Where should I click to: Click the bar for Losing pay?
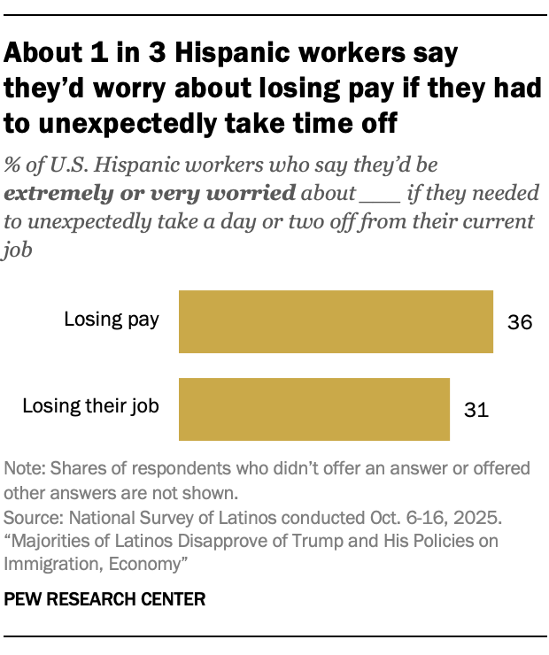(336, 321)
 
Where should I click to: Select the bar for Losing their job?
(314, 409)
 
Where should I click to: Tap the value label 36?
(520, 322)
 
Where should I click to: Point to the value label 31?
(476, 410)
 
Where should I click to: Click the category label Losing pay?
(112, 320)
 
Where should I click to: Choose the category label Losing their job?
(91, 407)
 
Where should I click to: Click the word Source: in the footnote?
(32, 515)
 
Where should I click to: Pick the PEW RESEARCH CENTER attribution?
(104, 599)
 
